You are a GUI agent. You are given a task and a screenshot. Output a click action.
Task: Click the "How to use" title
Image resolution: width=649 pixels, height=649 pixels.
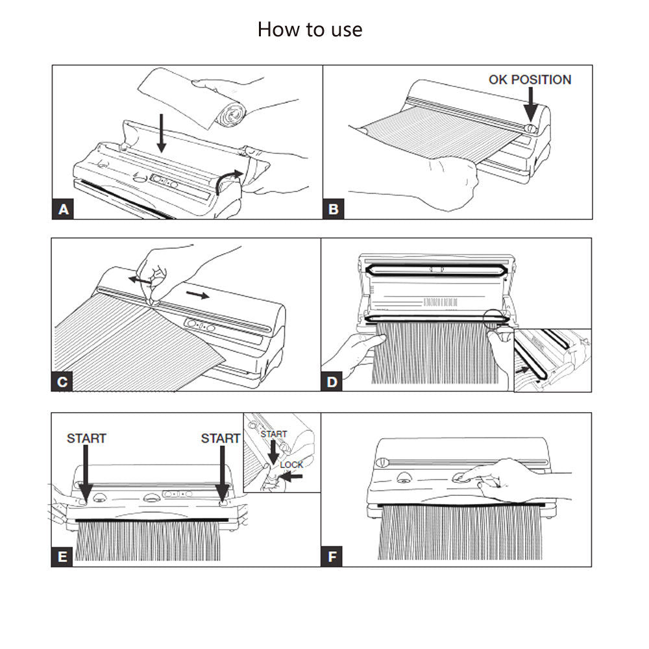[310, 29]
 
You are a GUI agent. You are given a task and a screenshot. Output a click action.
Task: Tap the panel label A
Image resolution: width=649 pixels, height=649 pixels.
[63, 209]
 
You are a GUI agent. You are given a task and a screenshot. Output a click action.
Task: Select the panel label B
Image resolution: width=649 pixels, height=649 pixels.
[334, 209]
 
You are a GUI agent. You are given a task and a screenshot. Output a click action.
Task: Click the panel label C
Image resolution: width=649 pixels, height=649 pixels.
[63, 382]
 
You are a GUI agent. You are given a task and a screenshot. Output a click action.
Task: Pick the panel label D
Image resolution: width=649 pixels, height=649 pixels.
[333, 382]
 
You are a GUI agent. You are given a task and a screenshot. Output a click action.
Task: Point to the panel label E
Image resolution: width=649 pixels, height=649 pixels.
[63, 556]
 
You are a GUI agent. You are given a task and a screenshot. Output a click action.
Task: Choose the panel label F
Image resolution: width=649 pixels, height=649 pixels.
[333, 556]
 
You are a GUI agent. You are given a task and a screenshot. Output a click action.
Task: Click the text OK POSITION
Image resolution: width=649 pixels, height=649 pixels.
[530, 80]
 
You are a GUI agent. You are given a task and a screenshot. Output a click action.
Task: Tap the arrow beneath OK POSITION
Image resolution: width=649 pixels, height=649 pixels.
[530, 104]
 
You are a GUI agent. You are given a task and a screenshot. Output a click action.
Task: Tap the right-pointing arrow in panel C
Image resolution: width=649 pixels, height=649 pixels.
[197, 295]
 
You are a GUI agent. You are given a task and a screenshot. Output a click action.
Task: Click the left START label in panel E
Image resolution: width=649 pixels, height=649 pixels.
[86, 439]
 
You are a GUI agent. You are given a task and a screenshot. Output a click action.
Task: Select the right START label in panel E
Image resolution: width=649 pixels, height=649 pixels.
[221, 439]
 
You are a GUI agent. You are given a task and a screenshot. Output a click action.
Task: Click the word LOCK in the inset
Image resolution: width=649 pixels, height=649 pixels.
[291, 465]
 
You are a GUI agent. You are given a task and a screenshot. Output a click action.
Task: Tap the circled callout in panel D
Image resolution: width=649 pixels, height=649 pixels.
[496, 320]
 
